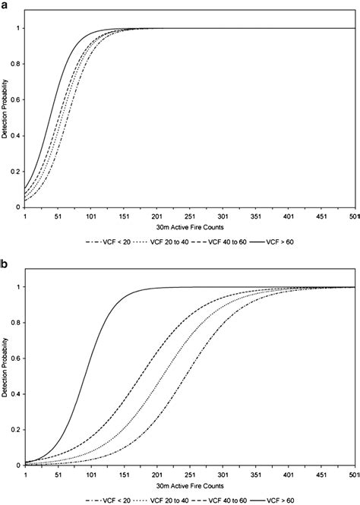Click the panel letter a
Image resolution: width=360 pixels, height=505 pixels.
[5, 6]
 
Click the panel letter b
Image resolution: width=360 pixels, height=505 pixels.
[5, 267]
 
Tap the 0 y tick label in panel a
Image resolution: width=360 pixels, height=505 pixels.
[18, 207]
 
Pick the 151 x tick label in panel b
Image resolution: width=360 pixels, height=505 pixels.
[125, 475]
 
